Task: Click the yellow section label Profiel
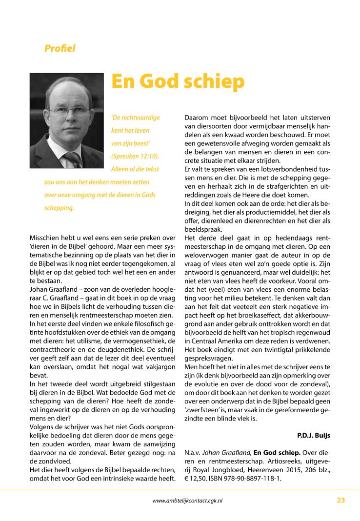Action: pos(60,48)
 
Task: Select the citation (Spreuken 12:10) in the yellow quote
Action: pos(135,156)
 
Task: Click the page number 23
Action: pos(340,500)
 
